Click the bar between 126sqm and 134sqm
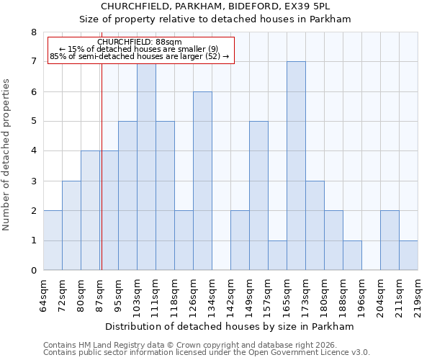pyautogui.click(x=202, y=181)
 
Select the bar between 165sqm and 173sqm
pyautogui.click(x=296, y=166)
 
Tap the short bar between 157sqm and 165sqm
pyautogui.click(x=277, y=256)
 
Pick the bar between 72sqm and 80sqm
pyautogui.click(x=71, y=225)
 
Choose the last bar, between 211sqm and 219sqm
pyautogui.click(x=408, y=256)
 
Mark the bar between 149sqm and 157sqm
pyautogui.click(x=258, y=196)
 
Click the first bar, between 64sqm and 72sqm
pyautogui.click(x=53, y=240)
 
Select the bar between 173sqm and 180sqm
pyautogui.click(x=315, y=225)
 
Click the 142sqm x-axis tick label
pyautogui.click(x=230, y=297)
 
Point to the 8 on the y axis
pyautogui.click(x=33, y=32)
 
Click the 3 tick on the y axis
pyautogui.click(x=33, y=181)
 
